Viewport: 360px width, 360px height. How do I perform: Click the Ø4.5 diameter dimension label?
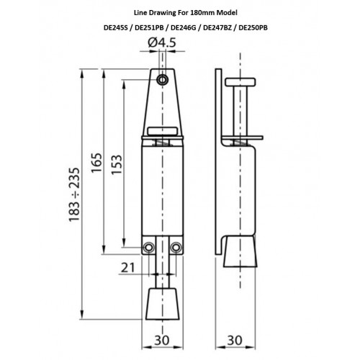pyautogui.click(x=162, y=42)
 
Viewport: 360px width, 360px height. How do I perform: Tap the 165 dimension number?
pyautogui.click(x=96, y=163)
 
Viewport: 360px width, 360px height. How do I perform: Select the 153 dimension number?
pyautogui.click(x=117, y=165)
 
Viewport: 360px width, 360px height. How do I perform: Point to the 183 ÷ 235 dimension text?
pyautogui.click(x=74, y=194)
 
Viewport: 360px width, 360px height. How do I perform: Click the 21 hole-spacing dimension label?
pyautogui.click(x=128, y=268)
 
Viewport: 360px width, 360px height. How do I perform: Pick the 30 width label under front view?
pyautogui.click(x=162, y=341)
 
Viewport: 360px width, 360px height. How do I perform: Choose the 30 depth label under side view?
pyautogui.click(x=235, y=341)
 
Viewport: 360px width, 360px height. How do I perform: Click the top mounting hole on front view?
pyautogui.click(x=163, y=80)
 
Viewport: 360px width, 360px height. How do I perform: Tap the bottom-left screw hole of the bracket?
pyautogui.click(x=148, y=248)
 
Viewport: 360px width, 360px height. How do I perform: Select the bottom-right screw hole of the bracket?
pyautogui.click(x=176, y=248)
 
